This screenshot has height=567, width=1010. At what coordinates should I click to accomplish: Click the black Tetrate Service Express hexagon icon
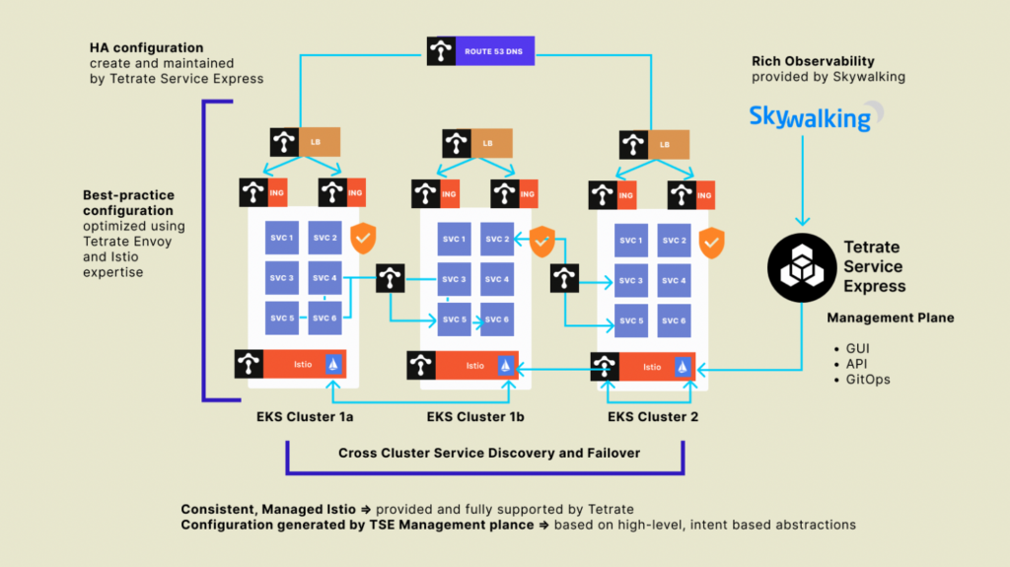pos(801,267)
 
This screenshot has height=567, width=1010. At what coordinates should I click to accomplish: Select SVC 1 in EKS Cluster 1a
pos(281,238)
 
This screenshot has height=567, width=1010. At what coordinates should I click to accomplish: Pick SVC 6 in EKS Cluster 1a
pos(325,319)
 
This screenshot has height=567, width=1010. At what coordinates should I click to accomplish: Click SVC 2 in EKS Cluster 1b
pos(497,240)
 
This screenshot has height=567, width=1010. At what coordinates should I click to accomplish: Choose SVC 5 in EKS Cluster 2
pos(631,321)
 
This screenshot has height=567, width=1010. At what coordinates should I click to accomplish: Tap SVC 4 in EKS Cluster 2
pos(675,281)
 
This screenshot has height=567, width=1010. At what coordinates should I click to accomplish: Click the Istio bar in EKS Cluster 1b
pos(476,365)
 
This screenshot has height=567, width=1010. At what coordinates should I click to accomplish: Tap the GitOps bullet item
pos(868,380)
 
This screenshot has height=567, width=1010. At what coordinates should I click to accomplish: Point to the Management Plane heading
pos(890,319)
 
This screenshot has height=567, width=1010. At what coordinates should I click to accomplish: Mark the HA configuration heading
pos(146,47)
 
